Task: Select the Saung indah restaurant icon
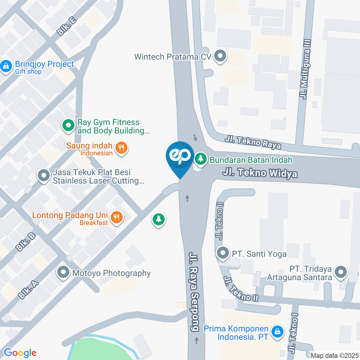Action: tap(121, 148)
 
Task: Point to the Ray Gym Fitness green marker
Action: tap(68, 126)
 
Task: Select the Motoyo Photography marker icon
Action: tap(63, 273)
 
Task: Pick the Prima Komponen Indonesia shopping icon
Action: tap(277, 332)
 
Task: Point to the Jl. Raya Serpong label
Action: tap(194, 291)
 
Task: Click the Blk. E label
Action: tap(67, 26)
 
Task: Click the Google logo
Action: tap(20, 352)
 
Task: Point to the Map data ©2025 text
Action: tap(334, 355)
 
